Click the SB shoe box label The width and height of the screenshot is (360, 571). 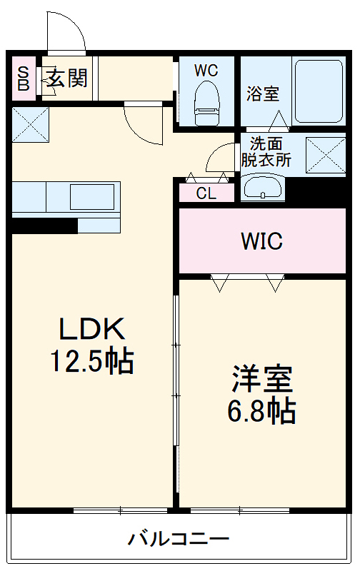[23, 78]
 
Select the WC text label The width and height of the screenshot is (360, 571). [206, 70]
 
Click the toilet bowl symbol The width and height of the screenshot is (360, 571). [206, 104]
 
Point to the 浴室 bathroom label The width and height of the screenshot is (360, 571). [263, 94]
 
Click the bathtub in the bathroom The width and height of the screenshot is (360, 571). [319, 92]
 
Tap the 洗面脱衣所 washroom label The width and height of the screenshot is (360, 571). [265, 151]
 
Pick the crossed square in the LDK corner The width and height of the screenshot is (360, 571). [30, 124]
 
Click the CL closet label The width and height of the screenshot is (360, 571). [206, 193]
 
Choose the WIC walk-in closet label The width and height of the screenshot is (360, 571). [261, 241]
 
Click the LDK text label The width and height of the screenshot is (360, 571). [91, 330]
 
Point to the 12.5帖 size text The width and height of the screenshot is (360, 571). [91, 362]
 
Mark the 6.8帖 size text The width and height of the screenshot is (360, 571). [262, 410]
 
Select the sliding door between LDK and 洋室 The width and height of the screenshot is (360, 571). [175, 371]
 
